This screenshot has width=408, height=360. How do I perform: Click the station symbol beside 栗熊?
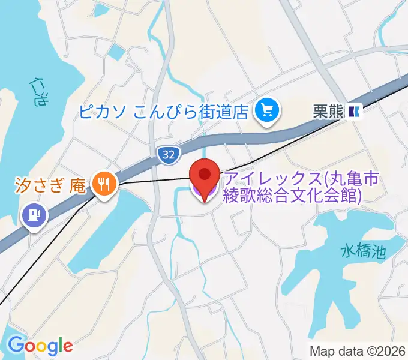point(355,110)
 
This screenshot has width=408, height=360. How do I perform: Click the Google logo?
point(40,345)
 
